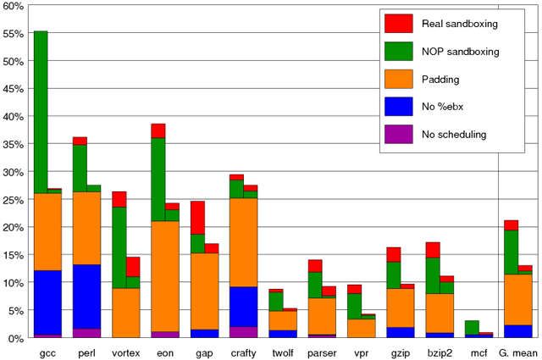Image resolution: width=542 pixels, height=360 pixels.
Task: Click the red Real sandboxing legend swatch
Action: (x=398, y=24)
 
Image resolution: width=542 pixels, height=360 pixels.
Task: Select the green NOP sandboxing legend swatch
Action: (x=398, y=51)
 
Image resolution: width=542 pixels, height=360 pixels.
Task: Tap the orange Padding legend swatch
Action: (x=398, y=79)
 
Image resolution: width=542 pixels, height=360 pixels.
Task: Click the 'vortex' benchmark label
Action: (x=125, y=352)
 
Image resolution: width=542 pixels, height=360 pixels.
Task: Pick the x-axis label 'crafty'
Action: (x=243, y=352)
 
